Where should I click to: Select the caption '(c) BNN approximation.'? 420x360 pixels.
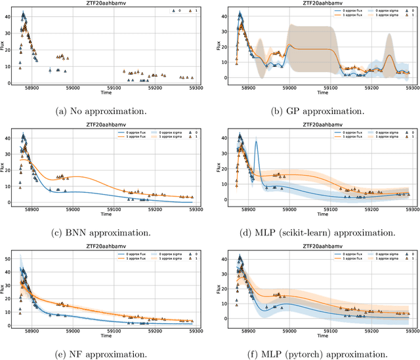coord(104,231)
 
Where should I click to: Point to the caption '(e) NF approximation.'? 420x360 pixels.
coord(104,354)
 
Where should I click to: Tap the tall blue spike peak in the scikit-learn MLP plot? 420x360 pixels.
coord(255,142)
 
